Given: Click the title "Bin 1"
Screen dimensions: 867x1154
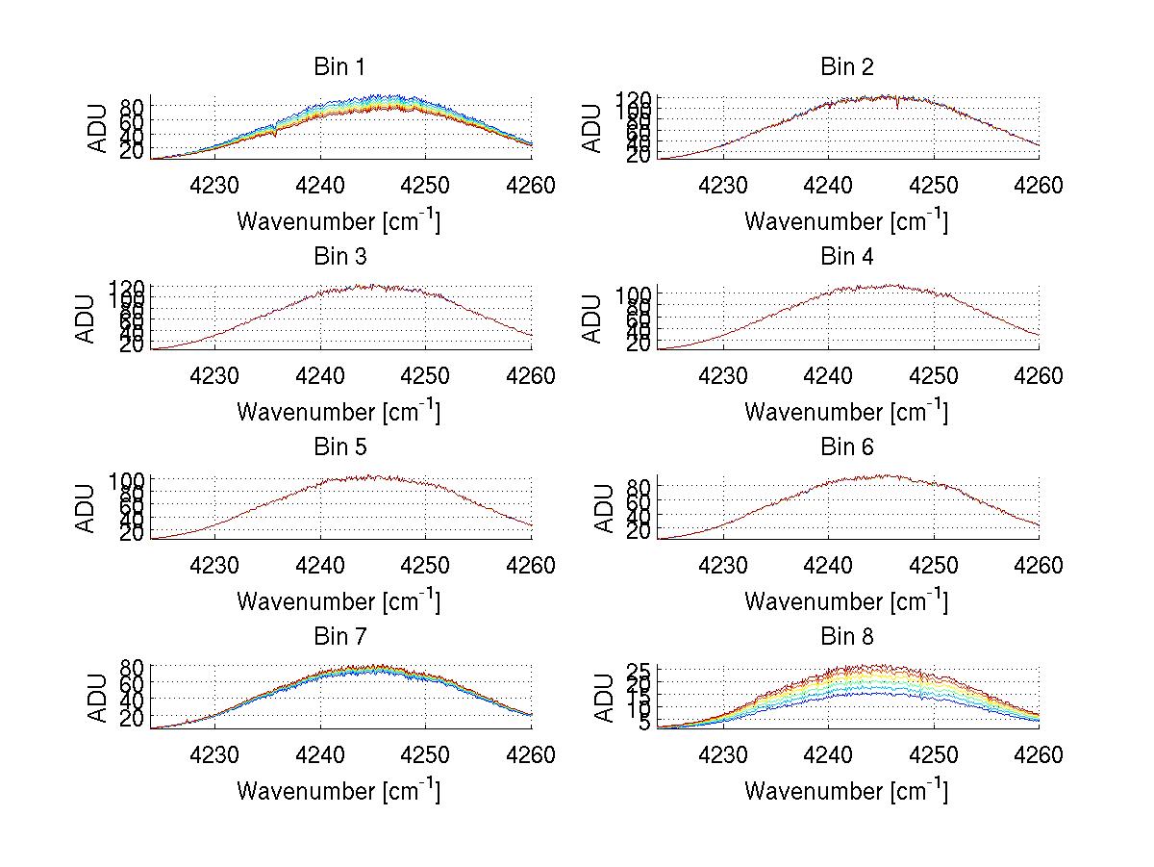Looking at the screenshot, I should [x=339, y=67].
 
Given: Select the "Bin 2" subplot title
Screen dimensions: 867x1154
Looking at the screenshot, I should [x=847, y=67].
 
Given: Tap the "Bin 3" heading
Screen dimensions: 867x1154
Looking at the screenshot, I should [x=339, y=257].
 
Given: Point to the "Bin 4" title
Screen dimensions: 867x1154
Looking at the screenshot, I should [x=847, y=257].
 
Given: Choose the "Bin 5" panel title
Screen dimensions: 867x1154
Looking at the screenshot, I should [x=339, y=447].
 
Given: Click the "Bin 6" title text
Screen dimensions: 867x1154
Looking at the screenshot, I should [x=847, y=447].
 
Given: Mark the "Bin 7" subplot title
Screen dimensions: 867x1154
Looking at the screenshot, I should [x=339, y=637].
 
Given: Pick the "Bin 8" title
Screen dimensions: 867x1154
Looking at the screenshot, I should [x=847, y=637].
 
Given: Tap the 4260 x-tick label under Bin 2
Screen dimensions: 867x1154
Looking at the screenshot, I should [x=1037, y=185].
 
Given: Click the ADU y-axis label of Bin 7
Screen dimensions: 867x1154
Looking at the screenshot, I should [x=98, y=698].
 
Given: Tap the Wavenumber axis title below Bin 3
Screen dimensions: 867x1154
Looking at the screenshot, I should [x=339, y=412].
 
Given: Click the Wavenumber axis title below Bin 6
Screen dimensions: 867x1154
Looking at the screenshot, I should [x=846, y=601].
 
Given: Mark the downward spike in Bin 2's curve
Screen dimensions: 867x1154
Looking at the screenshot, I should [x=897, y=106].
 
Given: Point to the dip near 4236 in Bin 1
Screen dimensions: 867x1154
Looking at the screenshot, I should [x=275, y=133].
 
